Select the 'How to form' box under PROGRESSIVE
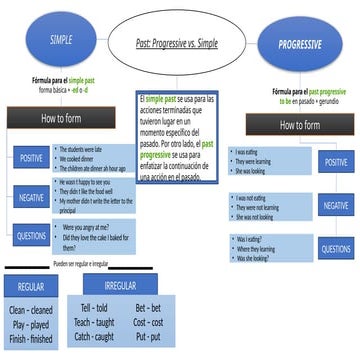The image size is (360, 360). pos(300,126)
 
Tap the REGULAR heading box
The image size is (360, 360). pos(31,288)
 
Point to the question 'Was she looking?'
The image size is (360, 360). pos(258,258)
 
